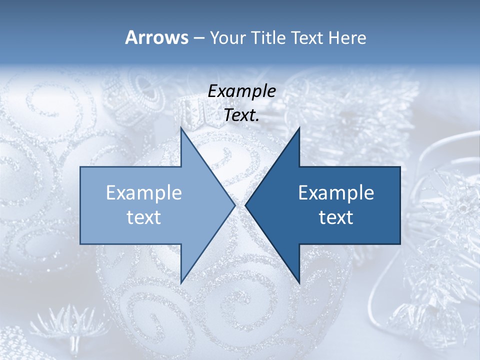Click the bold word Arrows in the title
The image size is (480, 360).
[156, 37]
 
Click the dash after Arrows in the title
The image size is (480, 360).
[198, 38]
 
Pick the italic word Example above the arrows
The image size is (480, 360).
[241, 91]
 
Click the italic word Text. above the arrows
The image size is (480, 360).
[241, 115]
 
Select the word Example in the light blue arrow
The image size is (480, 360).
[144, 192]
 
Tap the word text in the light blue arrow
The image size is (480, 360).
[144, 217]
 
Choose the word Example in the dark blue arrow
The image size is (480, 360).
[336, 192]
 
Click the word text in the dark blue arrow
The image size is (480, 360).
[336, 217]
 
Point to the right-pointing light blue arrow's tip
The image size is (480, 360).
[234, 205]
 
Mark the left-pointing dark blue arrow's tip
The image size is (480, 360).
[246, 205]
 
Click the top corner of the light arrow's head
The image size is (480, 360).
[181, 129]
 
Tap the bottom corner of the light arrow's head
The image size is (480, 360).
[181, 281]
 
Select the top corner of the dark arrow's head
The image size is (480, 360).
[299, 129]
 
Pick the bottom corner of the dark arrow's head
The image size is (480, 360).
[299, 281]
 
